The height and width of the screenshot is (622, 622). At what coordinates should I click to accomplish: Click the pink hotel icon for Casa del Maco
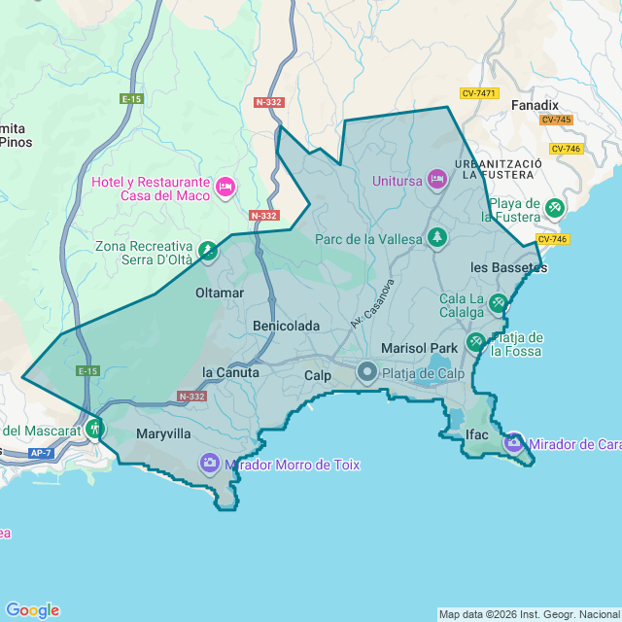coord(225,185)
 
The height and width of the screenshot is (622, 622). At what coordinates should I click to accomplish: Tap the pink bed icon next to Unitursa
coord(437,179)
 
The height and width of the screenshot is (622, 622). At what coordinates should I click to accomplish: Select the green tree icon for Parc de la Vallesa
coord(437,237)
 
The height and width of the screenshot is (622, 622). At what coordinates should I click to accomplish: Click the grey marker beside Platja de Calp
coord(367,371)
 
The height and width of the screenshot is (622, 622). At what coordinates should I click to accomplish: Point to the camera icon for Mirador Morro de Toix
coord(209,463)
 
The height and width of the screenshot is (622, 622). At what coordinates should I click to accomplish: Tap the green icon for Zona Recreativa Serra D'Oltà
coord(207,252)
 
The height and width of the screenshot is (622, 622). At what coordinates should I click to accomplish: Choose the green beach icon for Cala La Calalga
coord(498,303)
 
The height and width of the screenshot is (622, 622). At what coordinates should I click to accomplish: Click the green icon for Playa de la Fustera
coord(554,208)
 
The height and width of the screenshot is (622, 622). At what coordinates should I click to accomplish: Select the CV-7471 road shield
coord(479,93)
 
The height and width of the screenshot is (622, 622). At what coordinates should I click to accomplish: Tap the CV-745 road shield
coord(557,120)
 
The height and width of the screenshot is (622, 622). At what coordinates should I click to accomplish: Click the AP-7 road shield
coord(40,453)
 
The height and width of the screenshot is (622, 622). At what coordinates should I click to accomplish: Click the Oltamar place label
coord(220,292)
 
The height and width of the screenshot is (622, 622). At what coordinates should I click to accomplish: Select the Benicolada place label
coord(286,326)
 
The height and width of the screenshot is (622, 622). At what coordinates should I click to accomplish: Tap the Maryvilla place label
coord(163,433)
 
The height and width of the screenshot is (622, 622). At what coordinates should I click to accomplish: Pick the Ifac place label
coord(476,433)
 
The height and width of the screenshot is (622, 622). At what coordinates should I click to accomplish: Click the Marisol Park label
coord(419,347)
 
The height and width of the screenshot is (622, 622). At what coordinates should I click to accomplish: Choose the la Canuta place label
coord(230,372)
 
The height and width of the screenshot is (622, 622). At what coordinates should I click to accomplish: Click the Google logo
coord(32,609)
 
